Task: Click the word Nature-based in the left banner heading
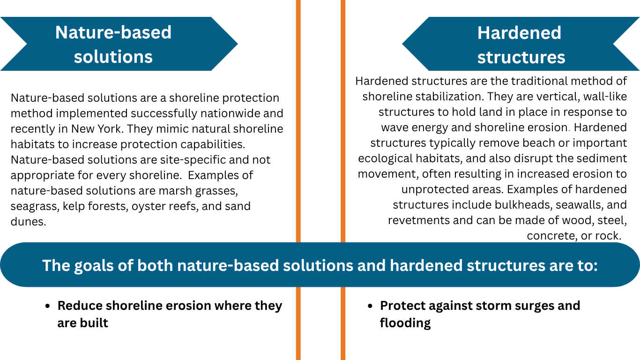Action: tap(113, 32)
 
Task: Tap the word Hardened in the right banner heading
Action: tap(519, 33)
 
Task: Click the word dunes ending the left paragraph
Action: tap(28, 222)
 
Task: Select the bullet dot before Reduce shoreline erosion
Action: tap(48, 306)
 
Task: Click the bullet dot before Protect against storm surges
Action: tap(370, 306)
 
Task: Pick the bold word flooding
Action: tap(405, 323)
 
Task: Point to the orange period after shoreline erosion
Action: tap(569, 131)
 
